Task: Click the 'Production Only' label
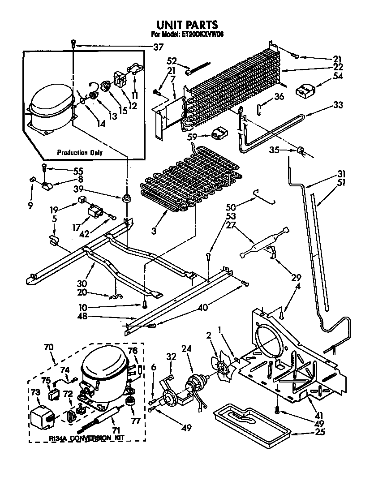80,153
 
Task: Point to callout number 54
338,77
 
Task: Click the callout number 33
338,106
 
